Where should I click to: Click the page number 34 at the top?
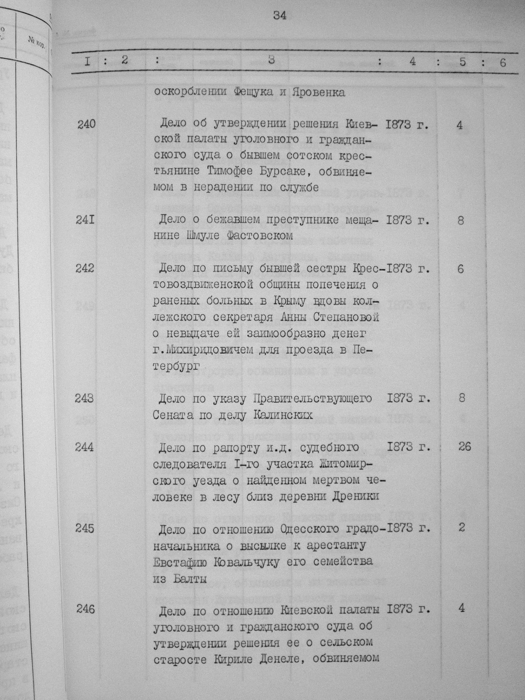tap(279, 15)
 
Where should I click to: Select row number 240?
tap(86, 125)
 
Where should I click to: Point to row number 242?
tap(86, 268)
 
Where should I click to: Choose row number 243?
tap(85, 398)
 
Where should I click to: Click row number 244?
tap(85, 447)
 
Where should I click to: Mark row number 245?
tap(85, 528)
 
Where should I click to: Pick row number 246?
tap(85, 609)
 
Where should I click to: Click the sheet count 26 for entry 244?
tap(465, 447)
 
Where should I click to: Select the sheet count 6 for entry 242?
tap(460, 268)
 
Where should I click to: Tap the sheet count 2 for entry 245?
tap(461, 528)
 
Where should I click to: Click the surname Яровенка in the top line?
tap(318, 93)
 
